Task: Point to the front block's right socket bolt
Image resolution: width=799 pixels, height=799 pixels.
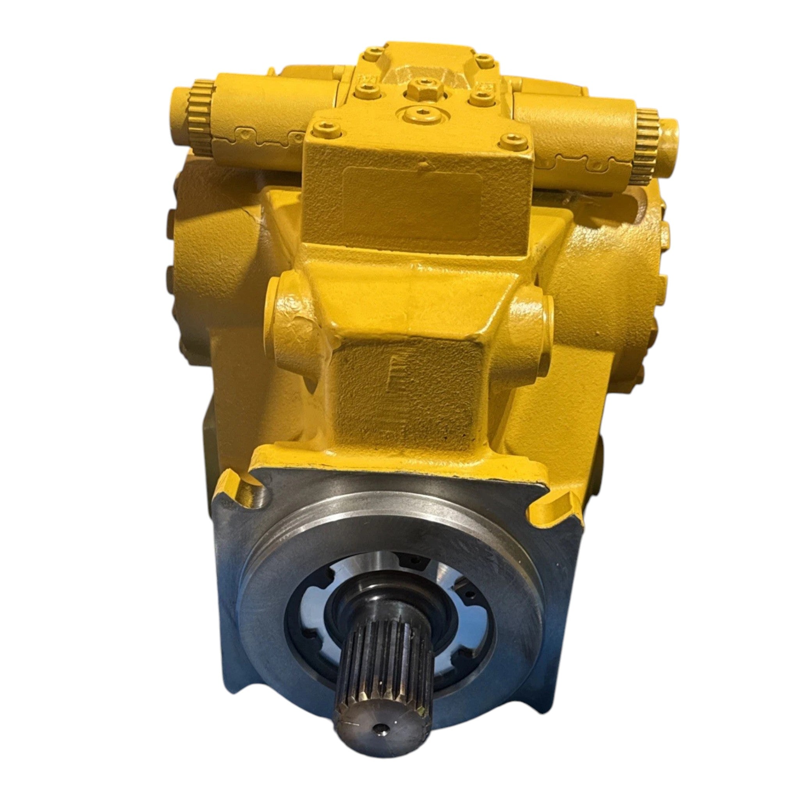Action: pyautogui.click(x=514, y=143)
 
